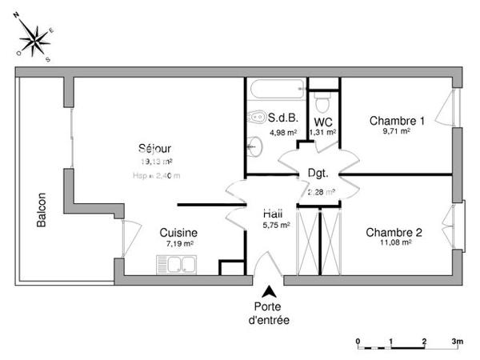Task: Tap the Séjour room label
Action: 154,148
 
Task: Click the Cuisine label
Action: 178,233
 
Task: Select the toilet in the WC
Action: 323,102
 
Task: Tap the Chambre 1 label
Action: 397,121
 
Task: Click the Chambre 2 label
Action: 394,233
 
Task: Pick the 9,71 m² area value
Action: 397,131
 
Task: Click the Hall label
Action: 274,214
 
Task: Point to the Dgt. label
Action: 318,173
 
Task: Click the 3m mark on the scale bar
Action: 457,340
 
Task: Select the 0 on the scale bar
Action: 358,340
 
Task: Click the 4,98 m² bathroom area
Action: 283,133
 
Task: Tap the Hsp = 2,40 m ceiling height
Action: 157,176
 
